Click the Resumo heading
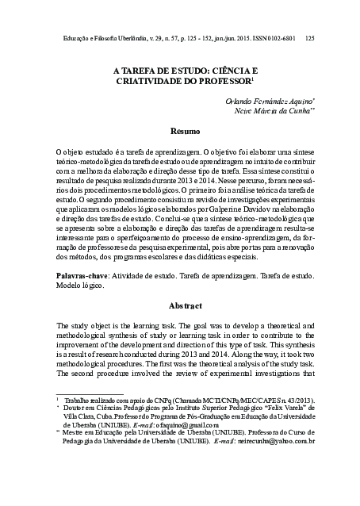click(x=187, y=129)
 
